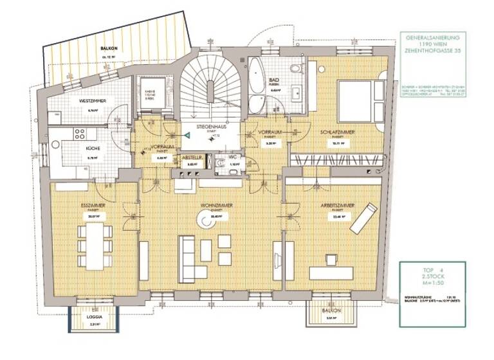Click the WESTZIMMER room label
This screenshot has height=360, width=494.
(93, 101)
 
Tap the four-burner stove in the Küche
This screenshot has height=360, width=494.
(80, 134)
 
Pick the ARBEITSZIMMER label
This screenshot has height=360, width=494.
(336, 205)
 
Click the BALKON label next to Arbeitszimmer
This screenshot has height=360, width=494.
(329, 309)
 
